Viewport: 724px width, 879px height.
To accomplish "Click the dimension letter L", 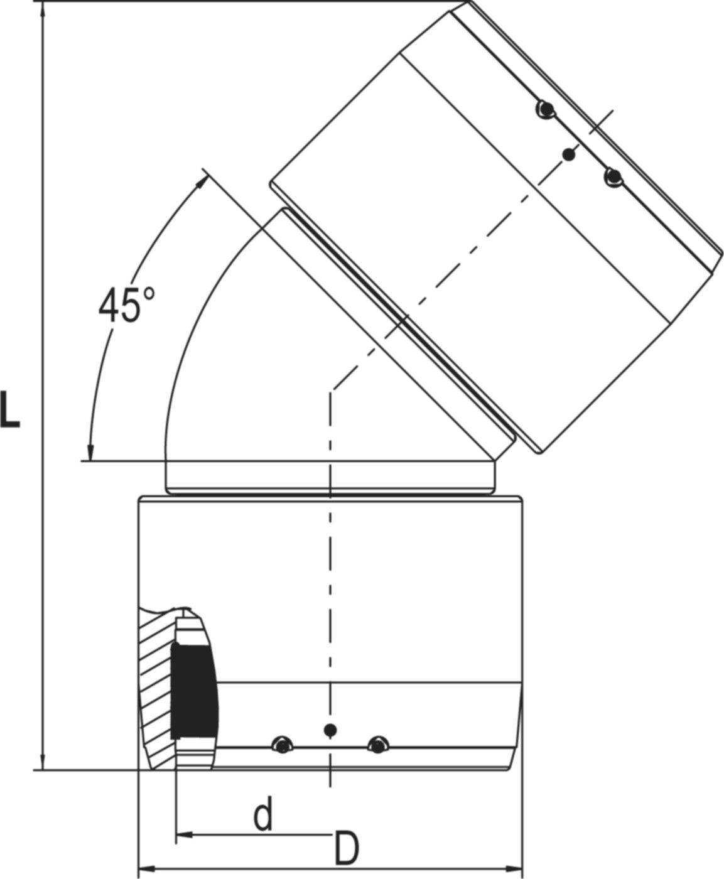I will click(10, 409).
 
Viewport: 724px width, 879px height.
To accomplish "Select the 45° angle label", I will click(126, 305).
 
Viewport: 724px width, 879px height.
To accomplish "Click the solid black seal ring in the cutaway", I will click(194, 691).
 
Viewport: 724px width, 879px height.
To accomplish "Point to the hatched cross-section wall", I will click(154, 691).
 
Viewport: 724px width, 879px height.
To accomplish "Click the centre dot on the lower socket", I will click(330, 730).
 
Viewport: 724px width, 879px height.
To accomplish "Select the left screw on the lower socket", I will click(282, 745).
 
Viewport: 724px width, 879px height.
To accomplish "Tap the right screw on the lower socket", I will click(377, 745).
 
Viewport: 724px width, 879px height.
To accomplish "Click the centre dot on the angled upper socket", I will click(569, 154).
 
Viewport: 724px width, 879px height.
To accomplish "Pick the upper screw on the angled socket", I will click(545, 110).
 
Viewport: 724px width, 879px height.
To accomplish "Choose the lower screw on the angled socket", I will click(613, 178).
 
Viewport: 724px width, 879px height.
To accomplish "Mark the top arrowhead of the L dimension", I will click(42, 8).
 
